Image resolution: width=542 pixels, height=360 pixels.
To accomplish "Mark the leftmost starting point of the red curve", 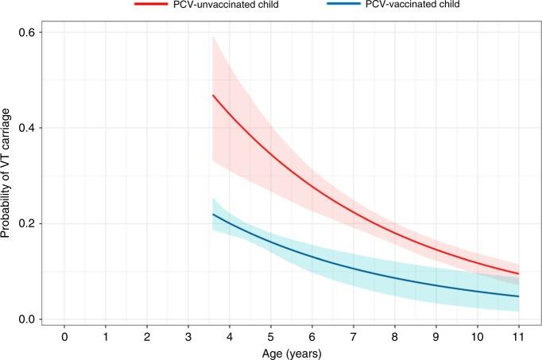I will (x=212, y=95).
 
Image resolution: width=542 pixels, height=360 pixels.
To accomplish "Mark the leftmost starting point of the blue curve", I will (x=212, y=215).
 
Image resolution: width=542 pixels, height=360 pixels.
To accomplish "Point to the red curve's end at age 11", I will (x=518, y=273).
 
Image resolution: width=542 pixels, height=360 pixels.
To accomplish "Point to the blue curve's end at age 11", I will (x=518, y=296).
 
